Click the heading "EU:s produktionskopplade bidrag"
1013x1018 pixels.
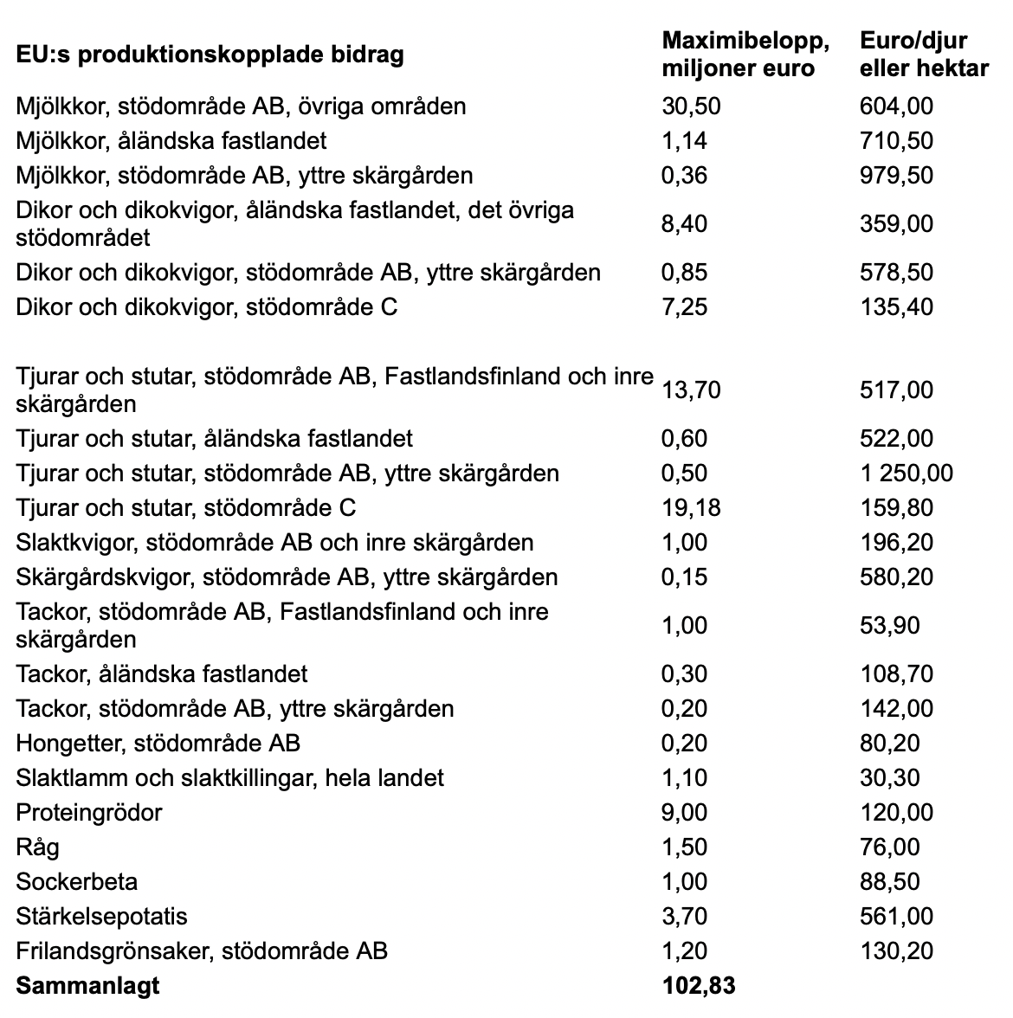(x=210, y=55)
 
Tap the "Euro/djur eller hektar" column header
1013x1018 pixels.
(x=924, y=54)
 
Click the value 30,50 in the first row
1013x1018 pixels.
(x=691, y=106)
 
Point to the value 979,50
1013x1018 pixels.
(x=896, y=176)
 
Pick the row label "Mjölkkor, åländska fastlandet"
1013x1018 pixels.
(x=171, y=141)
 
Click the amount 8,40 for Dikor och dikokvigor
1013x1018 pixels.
(x=684, y=224)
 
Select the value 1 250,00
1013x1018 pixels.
(x=906, y=474)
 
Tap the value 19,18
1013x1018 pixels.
(x=691, y=508)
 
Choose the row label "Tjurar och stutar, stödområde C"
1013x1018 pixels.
(x=186, y=508)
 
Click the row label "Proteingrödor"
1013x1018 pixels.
(x=89, y=813)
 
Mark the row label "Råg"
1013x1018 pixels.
(x=38, y=847)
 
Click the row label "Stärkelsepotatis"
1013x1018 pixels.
(x=101, y=917)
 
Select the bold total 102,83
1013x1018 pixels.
(x=698, y=985)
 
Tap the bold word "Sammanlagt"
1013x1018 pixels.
(x=87, y=985)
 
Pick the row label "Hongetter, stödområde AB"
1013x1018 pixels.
(x=158, y=744)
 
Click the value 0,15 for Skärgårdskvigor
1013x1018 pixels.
(x=684, y=577)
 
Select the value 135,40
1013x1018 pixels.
(x=896, y=307)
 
